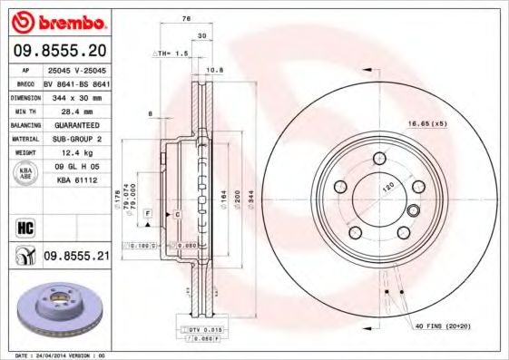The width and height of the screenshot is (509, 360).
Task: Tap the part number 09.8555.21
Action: click(x=75, y=257)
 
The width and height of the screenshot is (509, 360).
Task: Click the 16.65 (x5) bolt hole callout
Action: click(x=428, y=122)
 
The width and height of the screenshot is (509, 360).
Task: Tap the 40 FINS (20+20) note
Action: click(x=445, y=325)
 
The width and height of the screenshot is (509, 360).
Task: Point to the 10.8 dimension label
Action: click(x=215, y=71)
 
